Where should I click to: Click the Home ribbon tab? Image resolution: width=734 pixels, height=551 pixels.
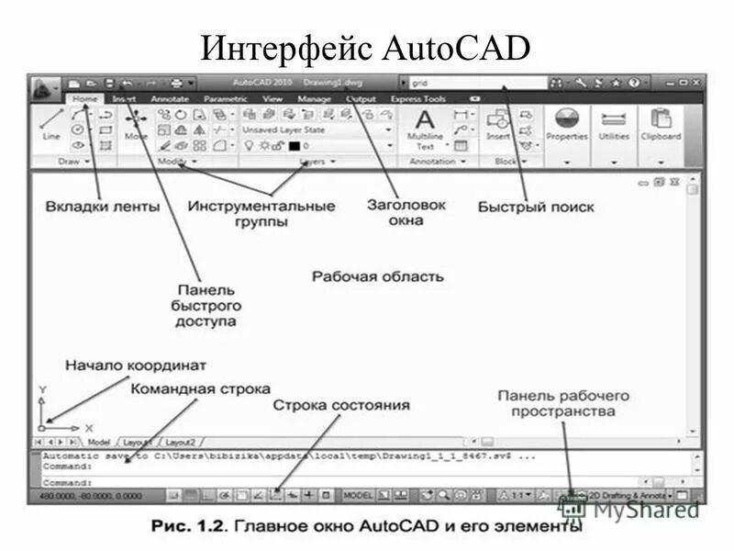tap(84, 98)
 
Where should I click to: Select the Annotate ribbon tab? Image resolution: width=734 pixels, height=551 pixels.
tap(169, 98)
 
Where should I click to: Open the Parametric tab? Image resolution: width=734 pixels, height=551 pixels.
tap(225, 98)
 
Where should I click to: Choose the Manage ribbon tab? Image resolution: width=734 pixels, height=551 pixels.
tap(314, 98)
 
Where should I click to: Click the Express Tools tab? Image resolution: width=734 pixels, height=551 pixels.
tap(417, 98)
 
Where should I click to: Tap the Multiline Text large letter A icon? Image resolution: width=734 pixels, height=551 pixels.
tap(424, 119)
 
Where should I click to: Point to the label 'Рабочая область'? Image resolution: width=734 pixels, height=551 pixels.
tap(377, 275)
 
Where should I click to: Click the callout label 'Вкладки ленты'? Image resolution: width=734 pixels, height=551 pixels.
tap(102, 207)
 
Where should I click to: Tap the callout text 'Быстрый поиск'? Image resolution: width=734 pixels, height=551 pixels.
tap(536, 207)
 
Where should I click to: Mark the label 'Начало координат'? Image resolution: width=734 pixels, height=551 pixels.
tap(135, 365)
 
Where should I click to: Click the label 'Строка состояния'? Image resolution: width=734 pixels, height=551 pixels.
tap(340, 404)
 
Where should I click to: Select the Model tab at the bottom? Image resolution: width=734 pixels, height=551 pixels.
tap(98, 442)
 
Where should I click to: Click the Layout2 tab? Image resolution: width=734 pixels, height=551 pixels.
tap(180, 442)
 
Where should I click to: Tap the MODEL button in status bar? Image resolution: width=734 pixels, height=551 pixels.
tap(358, 495)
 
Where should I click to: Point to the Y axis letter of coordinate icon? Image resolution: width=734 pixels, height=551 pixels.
tap(42, 390)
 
